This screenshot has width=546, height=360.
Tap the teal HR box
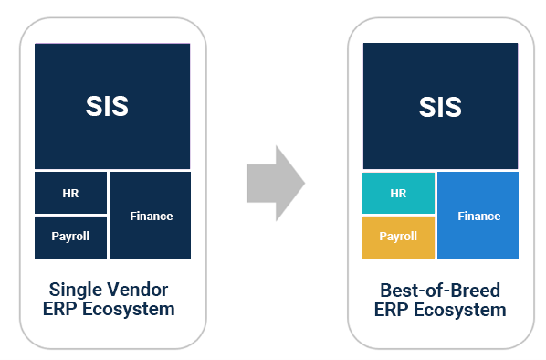(398, 193)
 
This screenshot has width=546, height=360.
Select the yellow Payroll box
(398, 237)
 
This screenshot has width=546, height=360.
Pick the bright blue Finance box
(478, 216)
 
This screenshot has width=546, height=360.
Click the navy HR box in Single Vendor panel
(70, 193)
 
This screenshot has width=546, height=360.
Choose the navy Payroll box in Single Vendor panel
(70, 237)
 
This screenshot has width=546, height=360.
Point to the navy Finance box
(151, 216)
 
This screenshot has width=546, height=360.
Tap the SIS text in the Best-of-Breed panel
(441, 106)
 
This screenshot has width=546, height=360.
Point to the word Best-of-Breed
(440, 291)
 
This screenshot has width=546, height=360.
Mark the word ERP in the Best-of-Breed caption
(391, 310)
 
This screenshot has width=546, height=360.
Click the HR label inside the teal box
(398, 193)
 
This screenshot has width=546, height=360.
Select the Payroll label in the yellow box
(398, 237)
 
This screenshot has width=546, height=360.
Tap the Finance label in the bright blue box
(478, 217)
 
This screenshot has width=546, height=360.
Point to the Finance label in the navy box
(151, 217)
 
